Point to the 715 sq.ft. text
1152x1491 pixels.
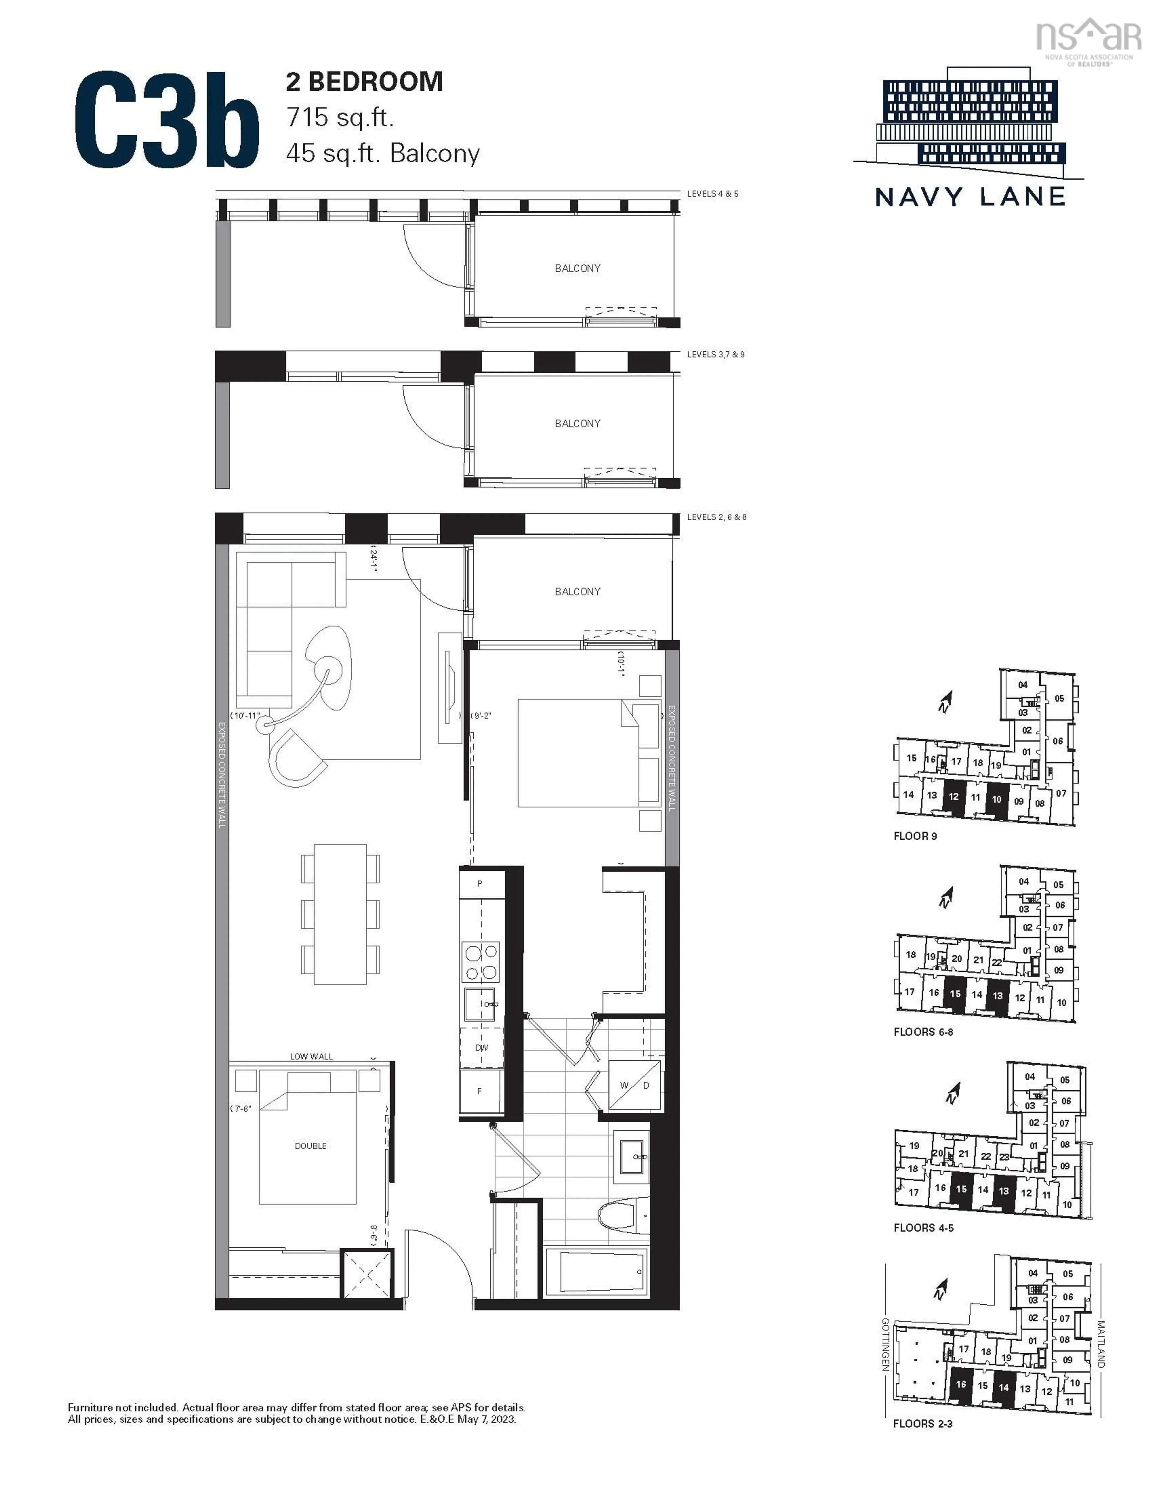click(x=340, y=117)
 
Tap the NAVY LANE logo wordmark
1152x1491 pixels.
click(x=970, y=197)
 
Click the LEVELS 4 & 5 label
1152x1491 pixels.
click(x=712, y=194)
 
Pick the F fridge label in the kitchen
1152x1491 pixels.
click(x=480, y=1091)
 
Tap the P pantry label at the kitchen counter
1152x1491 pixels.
click(x=480, y=883)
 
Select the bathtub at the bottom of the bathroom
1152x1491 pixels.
click(x=596, y=1271)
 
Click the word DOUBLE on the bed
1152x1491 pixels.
click(x=310, y=1146)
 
